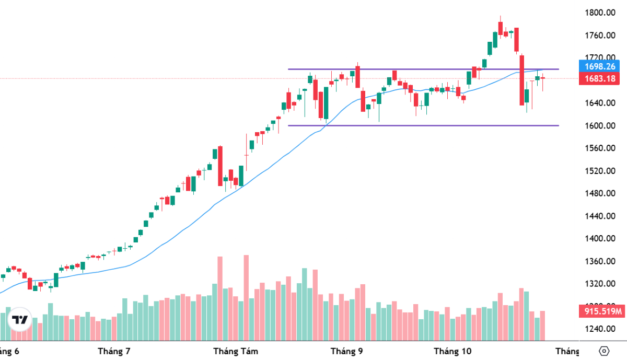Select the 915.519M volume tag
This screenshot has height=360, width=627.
coord(602,312)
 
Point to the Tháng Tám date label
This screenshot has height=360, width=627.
coord(236,351)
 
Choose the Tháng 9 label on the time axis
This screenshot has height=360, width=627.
coord(346,351)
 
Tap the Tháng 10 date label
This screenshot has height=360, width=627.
coord(452,351)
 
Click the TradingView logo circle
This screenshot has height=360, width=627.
coord(20,319)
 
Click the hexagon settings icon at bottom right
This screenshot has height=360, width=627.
coord(605,351)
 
